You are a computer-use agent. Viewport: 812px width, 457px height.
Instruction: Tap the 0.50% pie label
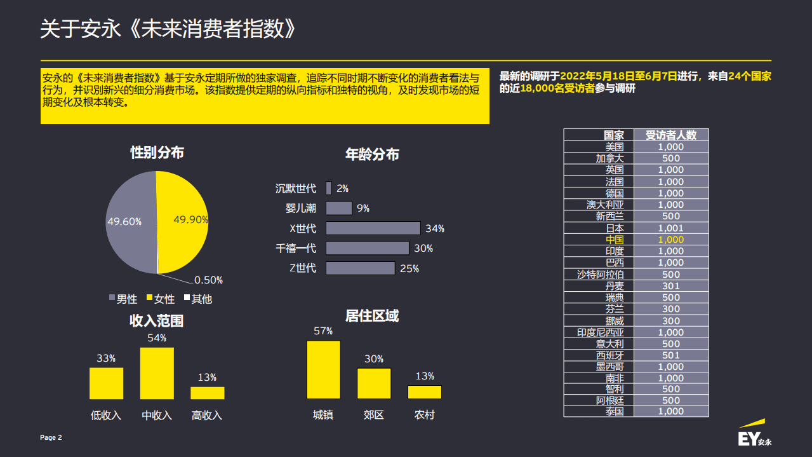coord(208,280)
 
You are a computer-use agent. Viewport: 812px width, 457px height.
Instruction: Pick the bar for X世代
coord(373,228)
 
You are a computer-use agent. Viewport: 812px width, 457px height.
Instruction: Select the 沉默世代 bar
coord(328,188)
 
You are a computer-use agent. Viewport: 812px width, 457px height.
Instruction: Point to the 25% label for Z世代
coord(409,269)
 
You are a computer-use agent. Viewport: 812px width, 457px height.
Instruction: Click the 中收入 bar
coord(157,373)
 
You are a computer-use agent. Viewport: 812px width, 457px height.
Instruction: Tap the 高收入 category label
coord(207,416)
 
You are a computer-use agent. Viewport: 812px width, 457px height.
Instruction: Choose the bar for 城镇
coord(323,370)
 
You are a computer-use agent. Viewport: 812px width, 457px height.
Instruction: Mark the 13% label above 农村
coord(425,376)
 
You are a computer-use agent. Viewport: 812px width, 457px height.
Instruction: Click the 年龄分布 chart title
coord(372,154)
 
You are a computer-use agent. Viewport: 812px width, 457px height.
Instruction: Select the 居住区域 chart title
coord(372,316)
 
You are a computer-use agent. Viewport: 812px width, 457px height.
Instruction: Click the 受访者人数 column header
coord(670,135)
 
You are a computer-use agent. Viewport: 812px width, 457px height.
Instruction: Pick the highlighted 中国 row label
coord(615,240)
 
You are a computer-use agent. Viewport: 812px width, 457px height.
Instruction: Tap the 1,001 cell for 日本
coord(670,228)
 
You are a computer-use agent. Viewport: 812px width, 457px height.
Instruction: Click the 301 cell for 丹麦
coord(670,286)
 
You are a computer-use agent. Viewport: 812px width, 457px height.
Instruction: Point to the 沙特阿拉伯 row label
coord(600,275)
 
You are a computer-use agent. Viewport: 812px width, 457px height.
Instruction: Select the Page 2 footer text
coord(51,437)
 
